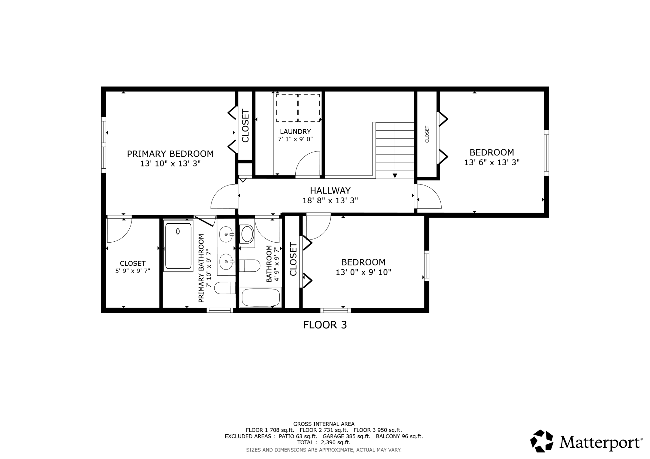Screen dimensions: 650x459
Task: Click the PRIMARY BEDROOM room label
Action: (x=170, y=154)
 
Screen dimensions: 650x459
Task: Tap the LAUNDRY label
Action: (x=295, y=131)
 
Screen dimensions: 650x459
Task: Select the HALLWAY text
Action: (x=330, y=190)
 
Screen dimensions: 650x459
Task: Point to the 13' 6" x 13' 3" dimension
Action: (x=492, y=162)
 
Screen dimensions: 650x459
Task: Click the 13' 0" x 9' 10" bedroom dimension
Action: (x=363, y=272)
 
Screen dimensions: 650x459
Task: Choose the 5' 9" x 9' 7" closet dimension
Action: (x=132, y=271)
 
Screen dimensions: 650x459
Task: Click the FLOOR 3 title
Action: (x=325, y=325)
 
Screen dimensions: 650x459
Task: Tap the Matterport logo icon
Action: (x=542, y=441)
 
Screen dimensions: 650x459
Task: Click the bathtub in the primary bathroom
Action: (x=178, y=246)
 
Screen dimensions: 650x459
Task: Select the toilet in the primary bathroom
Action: (x=225, y=288)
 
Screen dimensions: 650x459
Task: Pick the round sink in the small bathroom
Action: (x=247, y=235)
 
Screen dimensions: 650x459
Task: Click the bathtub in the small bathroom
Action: (x=261, y=297)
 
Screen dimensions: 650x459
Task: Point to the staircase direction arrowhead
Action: (x=395, y=175)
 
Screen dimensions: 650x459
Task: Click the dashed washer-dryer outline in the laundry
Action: (x=298, y=108)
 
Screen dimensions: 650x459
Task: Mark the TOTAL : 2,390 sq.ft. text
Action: (x=324, y=442)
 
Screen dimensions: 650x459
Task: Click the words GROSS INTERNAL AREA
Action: (x=324, y=424)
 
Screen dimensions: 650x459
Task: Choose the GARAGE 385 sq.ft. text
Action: (x=346, y=436)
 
